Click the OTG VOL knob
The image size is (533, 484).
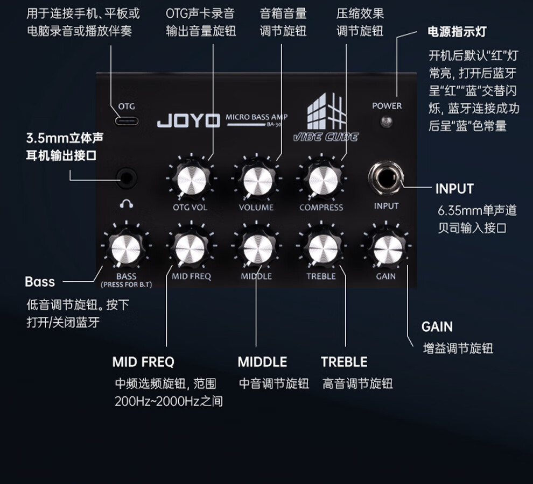pyautogui.click(x=190, y=180)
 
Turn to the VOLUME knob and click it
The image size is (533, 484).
pyautogui.click(x=256, y=180)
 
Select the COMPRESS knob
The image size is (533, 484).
pyautogui.click(x=321, y=180)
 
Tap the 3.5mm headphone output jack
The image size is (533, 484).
pyautogui.click(x=127, y=176)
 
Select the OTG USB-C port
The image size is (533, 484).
pyautogui.click(x=127, y=120)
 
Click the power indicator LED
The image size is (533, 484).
pyautogui.click(x=387, y=121)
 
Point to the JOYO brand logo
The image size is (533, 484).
pyautogui.click(x=188, y=120)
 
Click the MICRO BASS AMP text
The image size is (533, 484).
pyautogui.click(x=257, y=117)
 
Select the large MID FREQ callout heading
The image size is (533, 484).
pyautogui.click(x=143, y=362)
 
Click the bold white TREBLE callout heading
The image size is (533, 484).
pyautogui.click(x=344, y=362)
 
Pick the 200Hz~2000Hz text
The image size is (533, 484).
pyautogui.click(x=169, y=401)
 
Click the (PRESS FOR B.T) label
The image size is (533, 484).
pyautogui.click(x=127, y=284)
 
